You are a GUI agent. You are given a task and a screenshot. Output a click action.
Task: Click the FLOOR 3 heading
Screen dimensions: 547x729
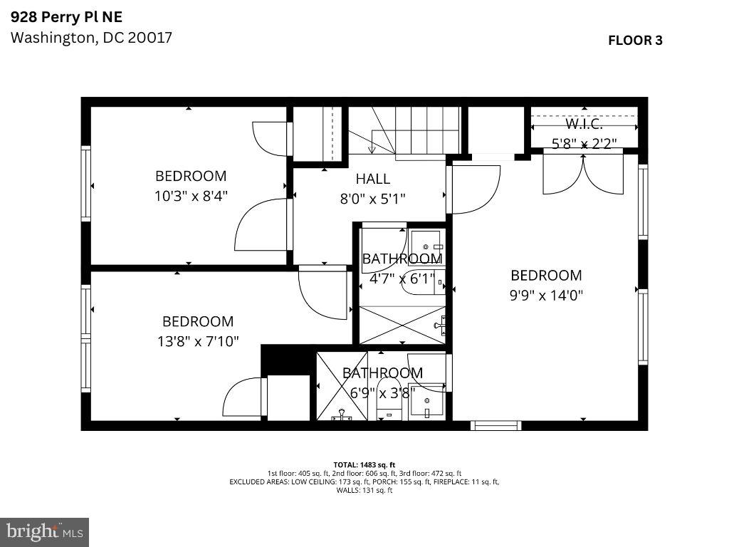(x=635, y=41)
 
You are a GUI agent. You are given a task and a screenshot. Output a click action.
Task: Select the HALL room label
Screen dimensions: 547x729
(x=373, y=179)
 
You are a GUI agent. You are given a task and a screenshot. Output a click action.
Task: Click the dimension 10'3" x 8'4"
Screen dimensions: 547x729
(x=191, y=195)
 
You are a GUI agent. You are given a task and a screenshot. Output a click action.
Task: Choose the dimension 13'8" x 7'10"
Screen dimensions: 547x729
(x=198, y=341)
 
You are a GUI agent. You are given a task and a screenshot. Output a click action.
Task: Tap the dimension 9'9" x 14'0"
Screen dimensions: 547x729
(x=546, y=295)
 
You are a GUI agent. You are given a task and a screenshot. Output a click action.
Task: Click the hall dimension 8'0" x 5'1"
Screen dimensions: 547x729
(x=373, y=199)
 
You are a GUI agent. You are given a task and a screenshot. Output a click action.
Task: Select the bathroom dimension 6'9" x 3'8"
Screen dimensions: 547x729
(x=382, y=392)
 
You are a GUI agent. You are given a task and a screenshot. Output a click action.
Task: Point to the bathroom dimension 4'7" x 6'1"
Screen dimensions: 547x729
(x=402, y=279)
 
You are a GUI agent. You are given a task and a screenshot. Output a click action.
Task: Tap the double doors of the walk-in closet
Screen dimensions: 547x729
(x=583, y=174)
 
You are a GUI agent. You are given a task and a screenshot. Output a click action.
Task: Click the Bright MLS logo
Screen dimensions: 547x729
(x=44, y=531)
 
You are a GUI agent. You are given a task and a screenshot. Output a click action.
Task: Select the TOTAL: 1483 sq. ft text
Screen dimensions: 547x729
(x=364, y=464)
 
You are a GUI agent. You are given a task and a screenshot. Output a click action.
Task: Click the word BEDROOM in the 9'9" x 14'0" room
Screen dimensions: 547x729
(x=546, y=276)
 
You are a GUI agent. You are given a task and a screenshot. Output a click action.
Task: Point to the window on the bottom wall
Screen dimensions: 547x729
(x=495, y=426)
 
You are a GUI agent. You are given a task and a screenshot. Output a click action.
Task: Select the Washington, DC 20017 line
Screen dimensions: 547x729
(x=91, y=38)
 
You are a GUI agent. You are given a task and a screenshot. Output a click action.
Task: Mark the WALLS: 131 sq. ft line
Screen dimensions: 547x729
(x=364, y=490)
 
